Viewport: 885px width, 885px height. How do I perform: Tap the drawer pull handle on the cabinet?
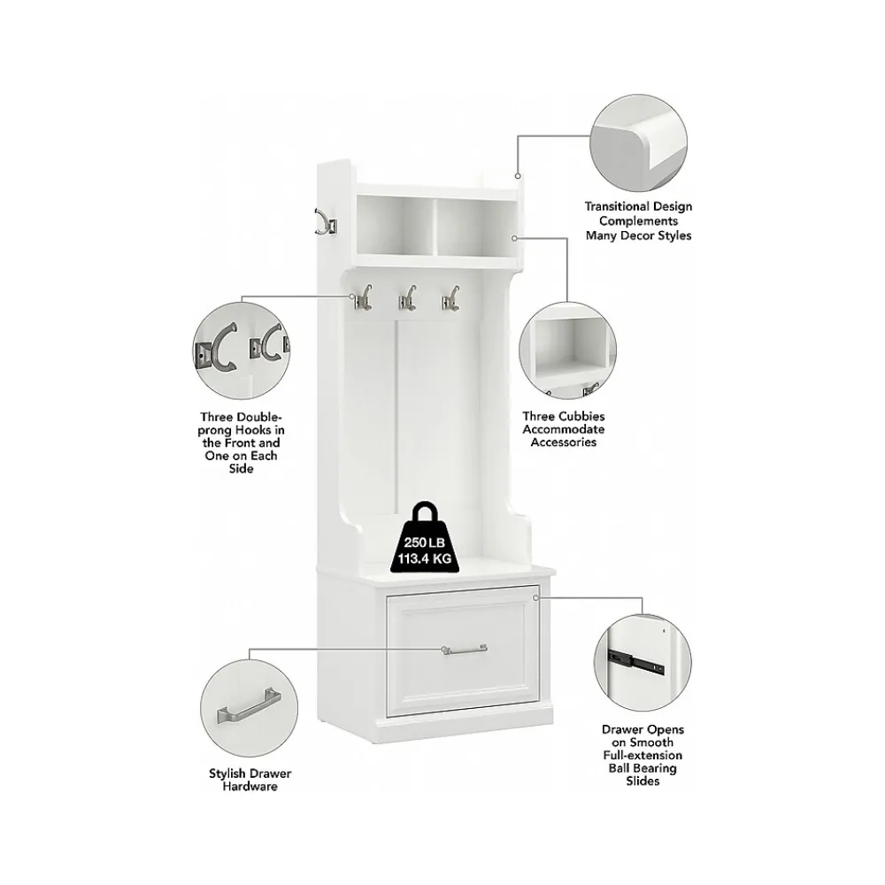466,650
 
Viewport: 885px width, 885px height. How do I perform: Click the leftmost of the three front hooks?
362,297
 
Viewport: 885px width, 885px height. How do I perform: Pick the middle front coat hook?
408,297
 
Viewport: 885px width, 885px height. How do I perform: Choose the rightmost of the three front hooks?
450,297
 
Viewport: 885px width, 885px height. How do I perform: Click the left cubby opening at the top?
396,225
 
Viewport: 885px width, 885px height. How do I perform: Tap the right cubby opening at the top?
477,226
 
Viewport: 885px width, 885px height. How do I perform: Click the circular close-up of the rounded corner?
638,142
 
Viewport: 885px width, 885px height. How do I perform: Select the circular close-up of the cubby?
567,350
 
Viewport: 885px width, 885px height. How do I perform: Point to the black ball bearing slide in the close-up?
635,661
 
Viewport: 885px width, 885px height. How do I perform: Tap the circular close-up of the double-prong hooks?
241,350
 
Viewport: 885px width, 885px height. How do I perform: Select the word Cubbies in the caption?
581,416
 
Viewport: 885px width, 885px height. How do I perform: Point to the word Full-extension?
643,755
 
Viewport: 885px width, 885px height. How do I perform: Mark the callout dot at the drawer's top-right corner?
535,597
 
